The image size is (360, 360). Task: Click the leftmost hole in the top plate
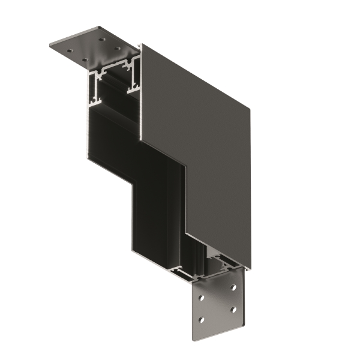[71, 51]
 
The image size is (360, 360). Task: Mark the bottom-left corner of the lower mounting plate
[194, 340]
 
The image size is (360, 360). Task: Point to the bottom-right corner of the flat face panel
[251, 268]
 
